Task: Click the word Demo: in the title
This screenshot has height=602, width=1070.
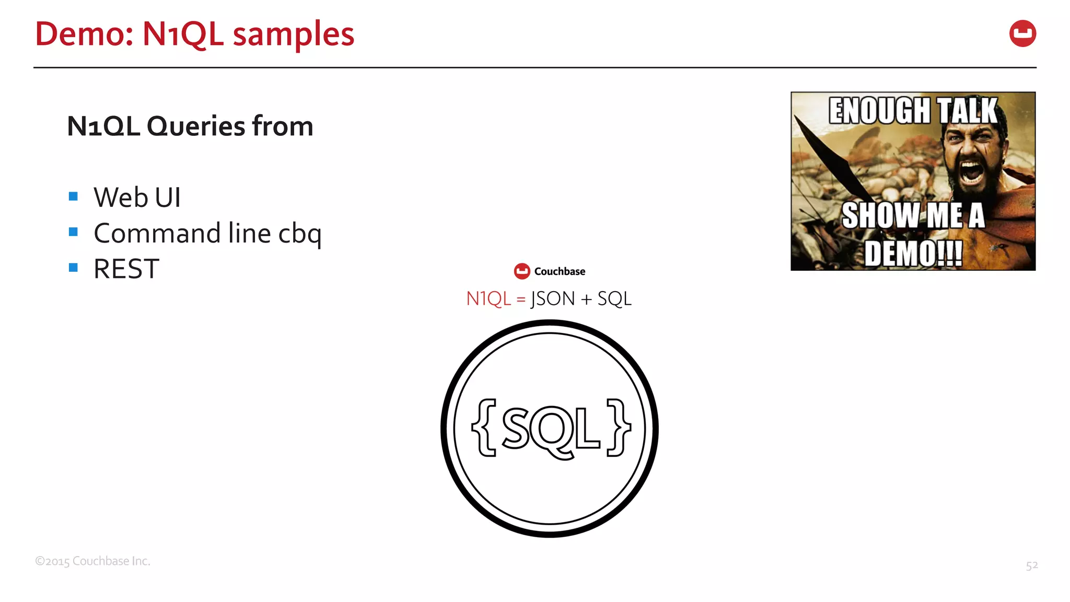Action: (84, 34)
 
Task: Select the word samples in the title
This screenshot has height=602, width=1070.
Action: (293, 34)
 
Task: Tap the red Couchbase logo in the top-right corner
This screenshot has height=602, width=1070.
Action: (1022, 34)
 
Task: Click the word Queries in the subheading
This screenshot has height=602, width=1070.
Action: (196, 126)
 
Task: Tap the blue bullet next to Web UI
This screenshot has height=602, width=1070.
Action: (73, 196)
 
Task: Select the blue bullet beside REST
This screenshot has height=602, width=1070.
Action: (73, 268)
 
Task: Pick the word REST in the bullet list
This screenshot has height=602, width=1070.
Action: (126, 269)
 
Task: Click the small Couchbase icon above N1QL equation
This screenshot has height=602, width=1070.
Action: (522, 271)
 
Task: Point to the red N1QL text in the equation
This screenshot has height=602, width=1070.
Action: (488, 299)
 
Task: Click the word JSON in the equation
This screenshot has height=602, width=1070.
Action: (552, 299)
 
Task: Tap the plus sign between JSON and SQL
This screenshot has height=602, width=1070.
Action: (586, 299)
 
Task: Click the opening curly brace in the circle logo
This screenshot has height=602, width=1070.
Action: (484, 427)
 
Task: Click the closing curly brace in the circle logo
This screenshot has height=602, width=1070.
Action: (619, 427)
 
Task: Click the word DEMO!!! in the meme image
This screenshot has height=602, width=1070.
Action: (913, 253)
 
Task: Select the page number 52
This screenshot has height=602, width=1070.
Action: (1031, 565)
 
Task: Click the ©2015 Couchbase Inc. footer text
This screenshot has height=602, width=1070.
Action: (92, 561)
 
